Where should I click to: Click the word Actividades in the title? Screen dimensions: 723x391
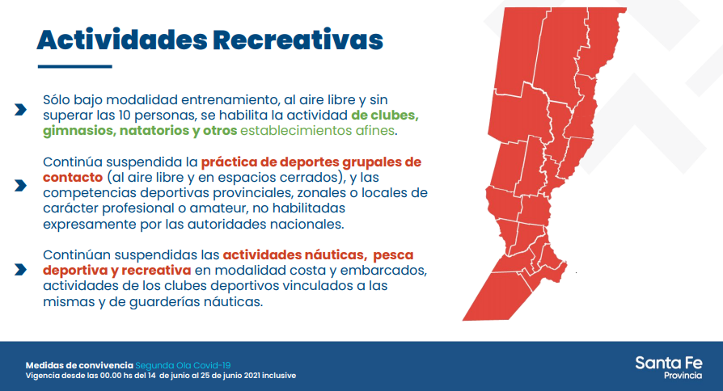(122, 40)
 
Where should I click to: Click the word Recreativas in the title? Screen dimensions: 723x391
(298, 40)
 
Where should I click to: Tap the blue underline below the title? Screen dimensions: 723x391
(74, 67)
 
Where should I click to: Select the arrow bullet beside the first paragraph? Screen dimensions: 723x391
(20, 110)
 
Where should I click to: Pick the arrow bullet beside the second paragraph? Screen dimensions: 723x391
(20, 186)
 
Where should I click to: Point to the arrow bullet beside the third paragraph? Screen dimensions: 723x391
(20, 269)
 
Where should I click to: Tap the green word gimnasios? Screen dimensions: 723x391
(78, 131)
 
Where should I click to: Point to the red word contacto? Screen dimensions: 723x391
(73, 177)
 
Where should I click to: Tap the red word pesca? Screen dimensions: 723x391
(393, 255)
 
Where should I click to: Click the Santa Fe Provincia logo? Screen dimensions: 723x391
(669, 368)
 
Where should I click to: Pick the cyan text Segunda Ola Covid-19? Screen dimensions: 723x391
(183, 366)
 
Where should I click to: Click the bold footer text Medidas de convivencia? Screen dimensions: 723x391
(79, 366)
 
